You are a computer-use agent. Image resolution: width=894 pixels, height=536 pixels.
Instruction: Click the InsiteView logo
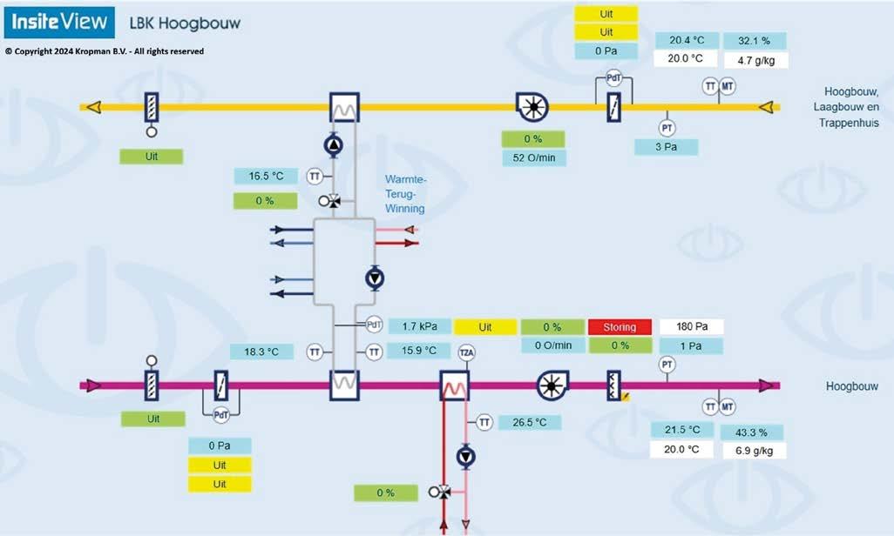tap(59, 23)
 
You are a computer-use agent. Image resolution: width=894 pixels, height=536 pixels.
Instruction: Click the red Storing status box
tap(621, 327)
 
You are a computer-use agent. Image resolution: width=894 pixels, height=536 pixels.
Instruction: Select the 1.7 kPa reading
tap(419, 327)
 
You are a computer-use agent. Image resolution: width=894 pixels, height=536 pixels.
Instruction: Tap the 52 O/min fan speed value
tap(533, 157)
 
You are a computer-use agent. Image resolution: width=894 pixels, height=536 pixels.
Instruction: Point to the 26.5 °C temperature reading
tap(529, 422)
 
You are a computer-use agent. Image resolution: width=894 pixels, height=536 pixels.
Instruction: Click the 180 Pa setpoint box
tap(691, 327)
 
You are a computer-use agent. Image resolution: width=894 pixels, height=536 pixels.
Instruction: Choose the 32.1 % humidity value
tap(755, 41)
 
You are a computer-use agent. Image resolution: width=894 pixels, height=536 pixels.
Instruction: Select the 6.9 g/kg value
tap(754, 450)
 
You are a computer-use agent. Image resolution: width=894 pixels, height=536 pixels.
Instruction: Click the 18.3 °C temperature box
tap(261, 352)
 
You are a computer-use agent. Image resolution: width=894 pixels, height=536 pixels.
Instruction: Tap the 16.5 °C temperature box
tap(266, 176)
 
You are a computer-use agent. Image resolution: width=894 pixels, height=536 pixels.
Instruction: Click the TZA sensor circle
tap(467, 352)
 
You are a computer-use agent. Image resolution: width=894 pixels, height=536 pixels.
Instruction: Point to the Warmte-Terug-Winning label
tap(404, 195)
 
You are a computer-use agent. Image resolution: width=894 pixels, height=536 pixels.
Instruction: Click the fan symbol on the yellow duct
tap(531, 107)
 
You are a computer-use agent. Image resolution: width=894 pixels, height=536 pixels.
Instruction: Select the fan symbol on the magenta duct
tap(552, 385)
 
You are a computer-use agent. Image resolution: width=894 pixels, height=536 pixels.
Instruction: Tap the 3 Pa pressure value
tap(667, 146)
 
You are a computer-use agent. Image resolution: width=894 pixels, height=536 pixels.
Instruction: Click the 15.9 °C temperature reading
tap(419, 352)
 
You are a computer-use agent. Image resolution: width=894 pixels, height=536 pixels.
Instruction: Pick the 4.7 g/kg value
tap(755, 60)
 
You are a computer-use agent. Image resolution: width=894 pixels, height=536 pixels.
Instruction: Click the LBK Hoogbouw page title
tap(184, 23)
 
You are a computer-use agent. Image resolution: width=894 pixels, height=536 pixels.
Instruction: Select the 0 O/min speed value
tap(552, 345)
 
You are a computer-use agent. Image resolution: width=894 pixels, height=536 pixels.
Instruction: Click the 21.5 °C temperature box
tap(682, 431)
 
